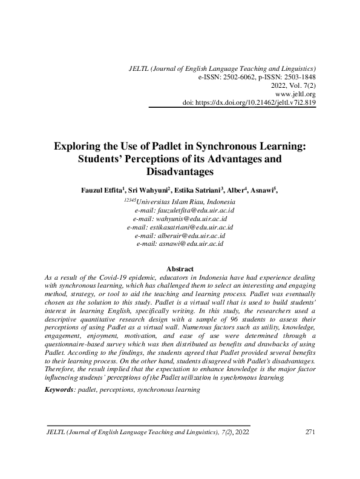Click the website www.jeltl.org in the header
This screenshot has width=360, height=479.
point(295,94)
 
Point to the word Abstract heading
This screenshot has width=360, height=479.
point(180,268)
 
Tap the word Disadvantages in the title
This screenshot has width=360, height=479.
point(180,171)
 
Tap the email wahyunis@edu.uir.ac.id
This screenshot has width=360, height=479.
point(180,219)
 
